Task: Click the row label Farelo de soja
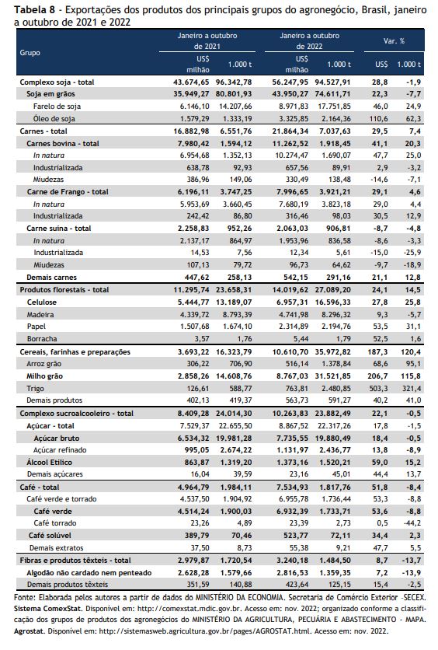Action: click(57, 106)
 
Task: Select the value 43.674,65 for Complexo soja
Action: click(191, 82)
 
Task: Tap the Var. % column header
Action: click(394, 41)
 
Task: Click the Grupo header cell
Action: click(30, 53)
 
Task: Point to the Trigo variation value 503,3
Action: click(380, 389)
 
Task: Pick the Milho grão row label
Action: click(45, 376)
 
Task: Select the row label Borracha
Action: click(42, 339)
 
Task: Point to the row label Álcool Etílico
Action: click(49, 462)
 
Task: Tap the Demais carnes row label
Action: click(52, 278)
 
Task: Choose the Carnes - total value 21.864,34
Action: click(290, 131)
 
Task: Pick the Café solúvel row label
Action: click(50, 535)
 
